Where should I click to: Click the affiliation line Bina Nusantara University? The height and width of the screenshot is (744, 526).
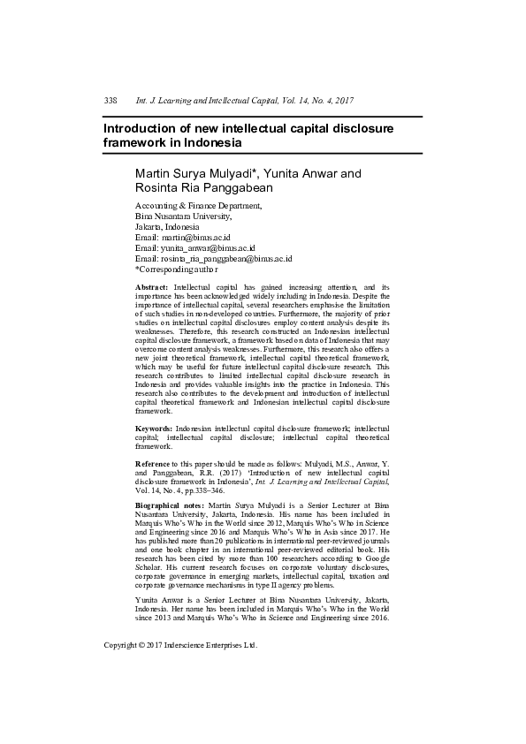tap(183, 216)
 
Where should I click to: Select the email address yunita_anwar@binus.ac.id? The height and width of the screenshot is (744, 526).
tap(207, 248)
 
